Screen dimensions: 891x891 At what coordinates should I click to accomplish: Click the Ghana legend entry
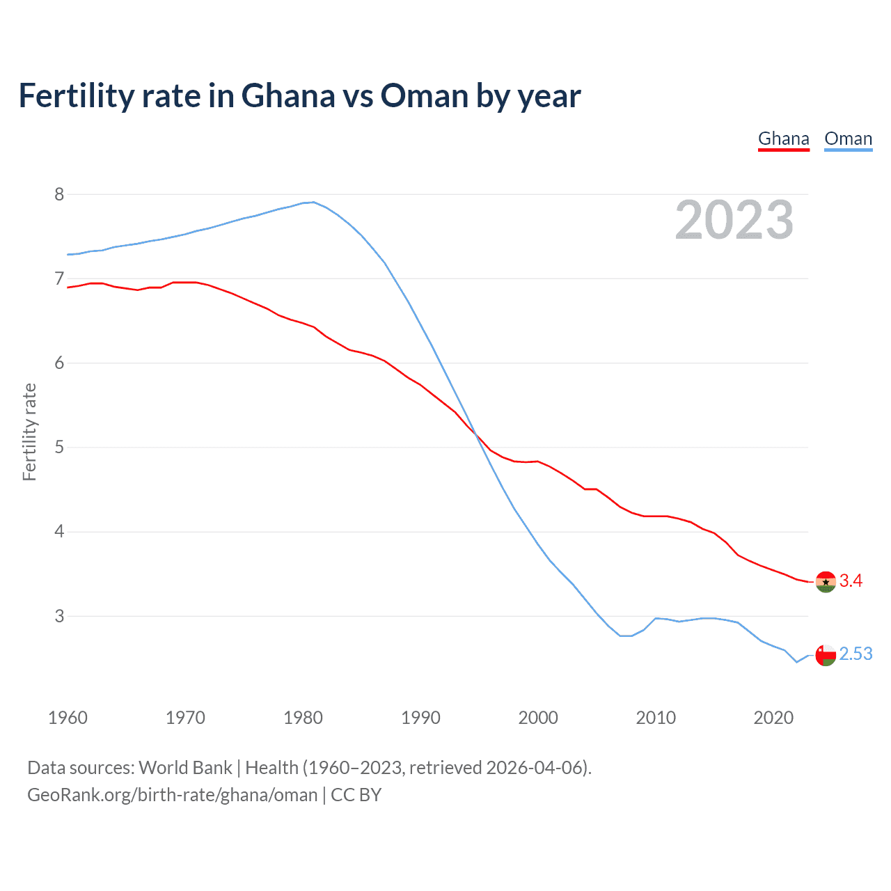[783, 139]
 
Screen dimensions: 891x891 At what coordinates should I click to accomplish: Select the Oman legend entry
[848, 139]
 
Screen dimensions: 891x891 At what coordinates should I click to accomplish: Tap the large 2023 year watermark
[734, 220]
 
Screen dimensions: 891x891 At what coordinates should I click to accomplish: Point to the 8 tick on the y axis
[59, 194]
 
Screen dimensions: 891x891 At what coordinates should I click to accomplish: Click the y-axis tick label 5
[59, 447]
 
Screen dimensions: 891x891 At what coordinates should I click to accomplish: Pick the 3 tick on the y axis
[59, 616]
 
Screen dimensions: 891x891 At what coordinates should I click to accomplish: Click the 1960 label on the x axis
[68, 718]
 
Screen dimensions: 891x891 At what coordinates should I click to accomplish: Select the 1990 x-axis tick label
[420, 718]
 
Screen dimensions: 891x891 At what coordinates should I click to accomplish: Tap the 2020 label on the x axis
[773, 718]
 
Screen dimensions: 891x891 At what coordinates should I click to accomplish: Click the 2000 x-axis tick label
[538, 718]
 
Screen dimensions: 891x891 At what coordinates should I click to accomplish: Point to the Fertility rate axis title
[29, 432]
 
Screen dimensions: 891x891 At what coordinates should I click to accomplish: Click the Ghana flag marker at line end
[826, 581]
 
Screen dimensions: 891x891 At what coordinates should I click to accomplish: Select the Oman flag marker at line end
[826, 655]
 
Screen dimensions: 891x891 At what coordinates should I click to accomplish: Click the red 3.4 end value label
[851, 581]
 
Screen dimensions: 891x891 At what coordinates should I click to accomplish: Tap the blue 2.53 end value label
[855, 654]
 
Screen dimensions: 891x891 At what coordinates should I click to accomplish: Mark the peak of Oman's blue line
[313, 202]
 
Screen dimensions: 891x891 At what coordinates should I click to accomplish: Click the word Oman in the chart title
[424, 96]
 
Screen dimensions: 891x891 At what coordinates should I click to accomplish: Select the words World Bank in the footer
[185, 768]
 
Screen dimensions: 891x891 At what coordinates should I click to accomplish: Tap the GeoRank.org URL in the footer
[172, 795]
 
